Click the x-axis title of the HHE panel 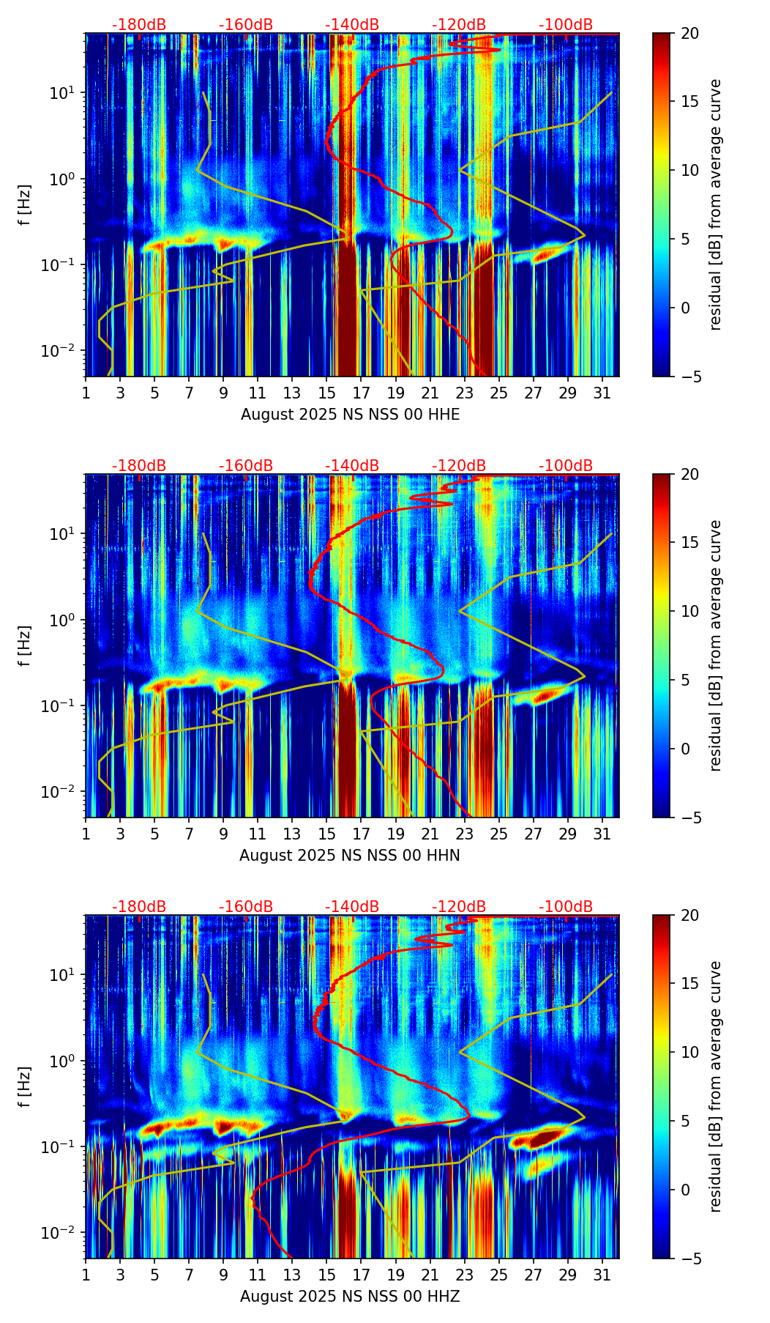click(350, 415)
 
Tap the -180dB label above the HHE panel click(139, 25)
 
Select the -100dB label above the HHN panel click(566, 466)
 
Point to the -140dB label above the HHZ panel click(352, 907)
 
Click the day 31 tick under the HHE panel click(602, 393)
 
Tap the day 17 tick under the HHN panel click(361, 834)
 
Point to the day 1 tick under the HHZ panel click(86, 1275)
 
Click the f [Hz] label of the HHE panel click(25, 205)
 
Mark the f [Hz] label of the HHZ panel click(25, 1087)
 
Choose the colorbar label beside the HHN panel click(716, 645)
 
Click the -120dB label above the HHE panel click(459, 25)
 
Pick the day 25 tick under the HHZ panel click(498, 1275)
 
